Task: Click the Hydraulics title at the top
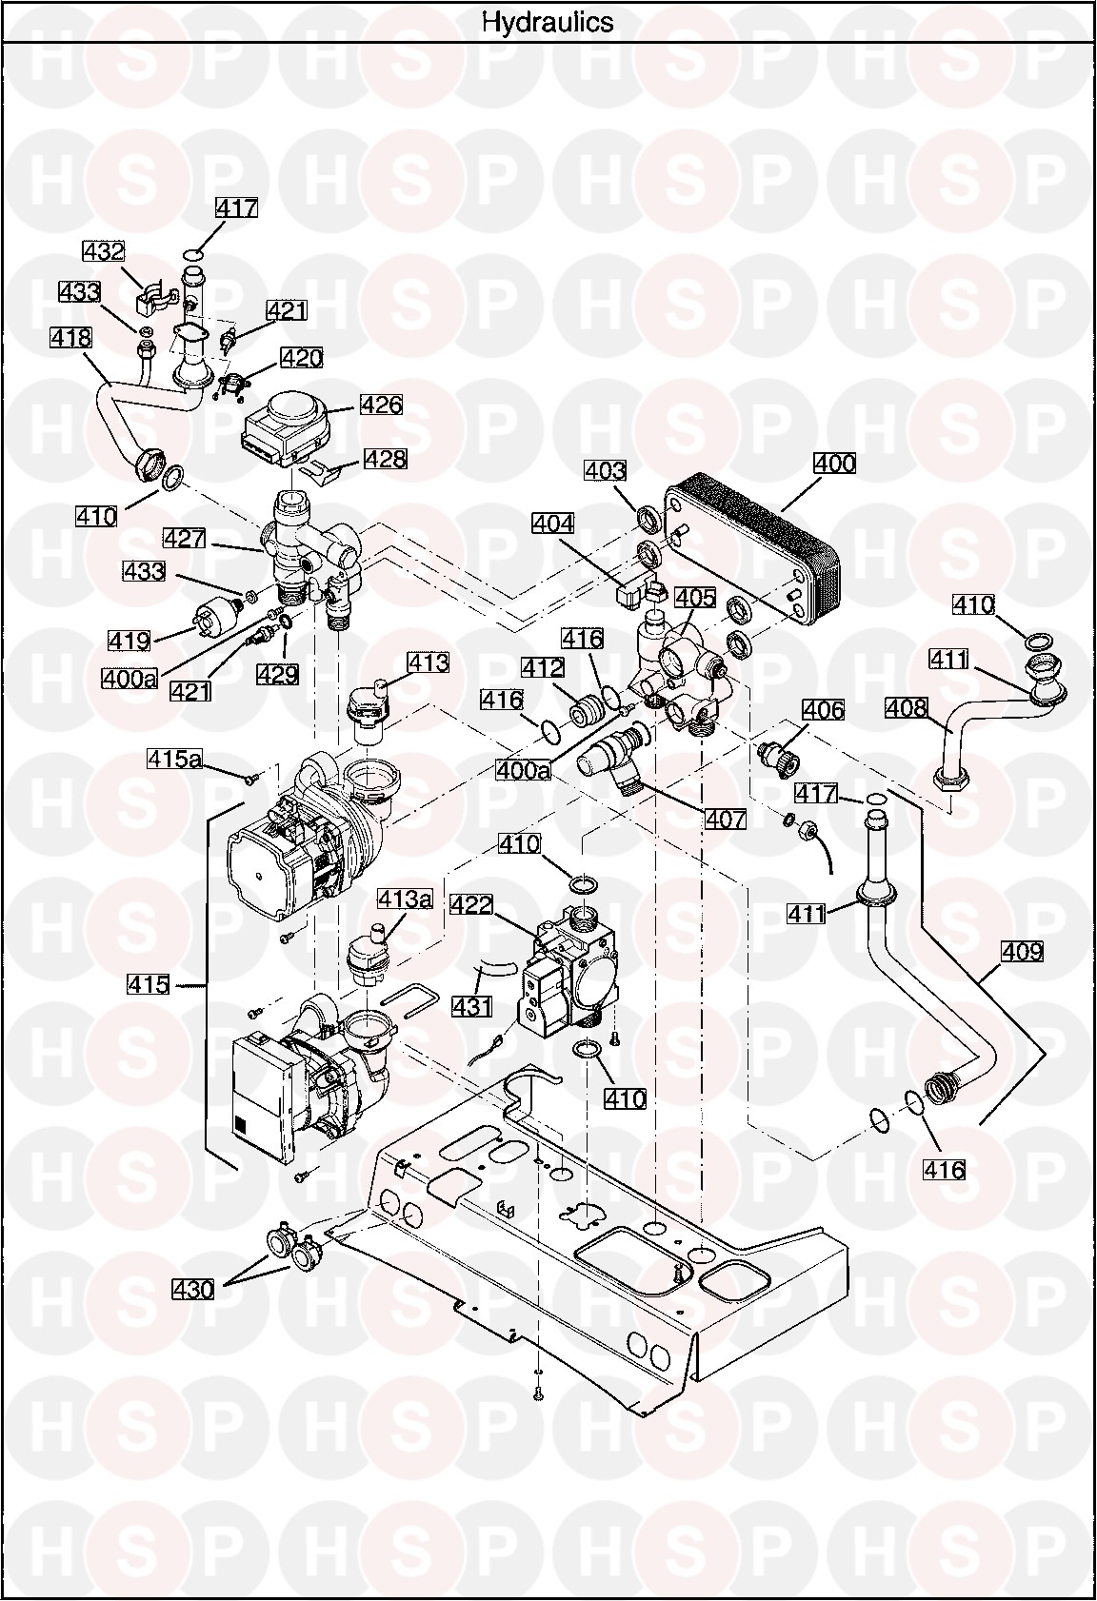(x=548, y=22)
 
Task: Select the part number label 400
(x=834, y=464)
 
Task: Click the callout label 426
(x=381, y=405)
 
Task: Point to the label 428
(x=385, y=458)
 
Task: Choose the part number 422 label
(x=471, y=904)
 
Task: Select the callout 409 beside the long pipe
(x=1022, y=951)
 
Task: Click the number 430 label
(x=193, y=1290)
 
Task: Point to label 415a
(x=174, y=759)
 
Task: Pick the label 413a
(x=406, y=899)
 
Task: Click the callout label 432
(x=104, y=251)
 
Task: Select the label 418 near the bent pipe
(x=70, y=337)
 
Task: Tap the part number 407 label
(x=725, y=820)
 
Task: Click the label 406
(x=823, y=710)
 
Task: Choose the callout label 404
(x=553, y=524)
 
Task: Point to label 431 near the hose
(x=472, y=1006)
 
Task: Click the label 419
(x=130, y=641)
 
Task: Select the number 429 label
(x=277, y=674)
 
